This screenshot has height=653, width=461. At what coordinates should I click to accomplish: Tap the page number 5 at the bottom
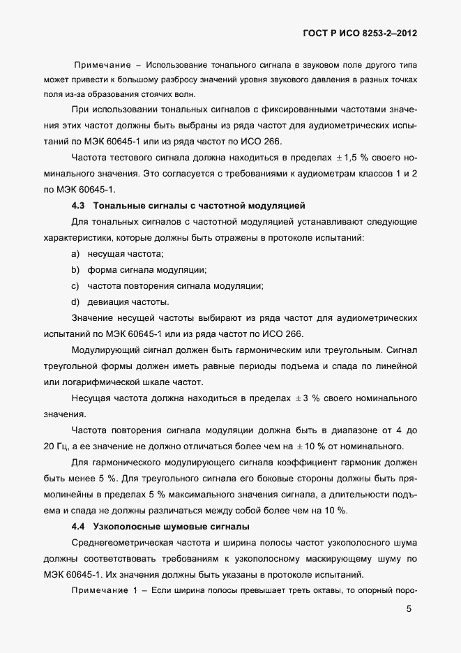pyautogui.click(x=409, y=609)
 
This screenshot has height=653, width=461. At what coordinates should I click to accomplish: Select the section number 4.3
pyautogui.click(x=78, y=206)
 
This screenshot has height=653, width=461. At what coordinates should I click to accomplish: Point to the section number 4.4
pyautogui.click(x=78, y=526)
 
